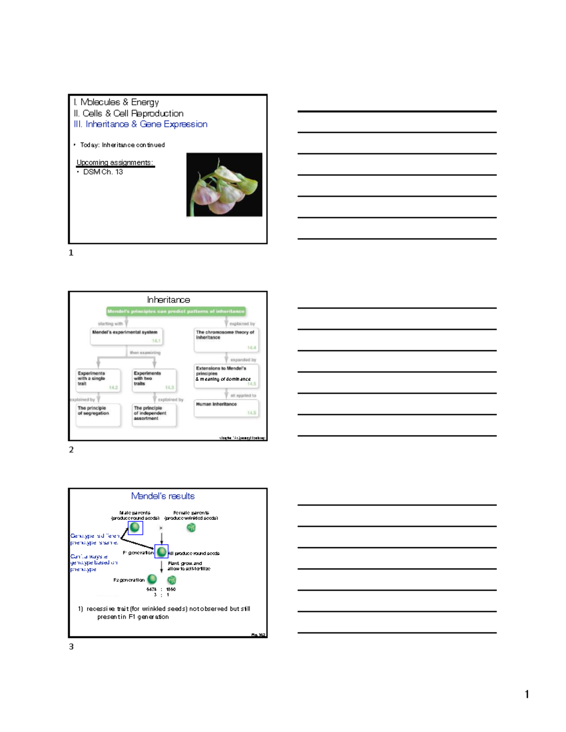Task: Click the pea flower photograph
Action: coord(224,184)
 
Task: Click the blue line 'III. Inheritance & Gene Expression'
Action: coord(141,124)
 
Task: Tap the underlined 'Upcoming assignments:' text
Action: coord(115,163)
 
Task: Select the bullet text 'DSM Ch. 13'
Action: coord(103,172)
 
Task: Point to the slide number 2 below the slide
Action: coord(71,450)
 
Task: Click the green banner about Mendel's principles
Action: coord(176,311)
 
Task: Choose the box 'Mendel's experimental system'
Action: coord(126,336)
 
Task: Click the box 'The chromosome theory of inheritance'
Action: coord(226,340)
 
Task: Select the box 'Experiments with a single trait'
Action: coord(98,380)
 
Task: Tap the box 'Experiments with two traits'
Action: coord(154,380)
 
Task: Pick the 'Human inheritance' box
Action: coord(226,408)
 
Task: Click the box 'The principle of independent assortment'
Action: coord(154,415)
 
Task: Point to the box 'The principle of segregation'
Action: coord(98,415)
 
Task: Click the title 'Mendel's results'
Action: coord(163,496)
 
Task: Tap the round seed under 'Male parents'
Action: coord(135,527)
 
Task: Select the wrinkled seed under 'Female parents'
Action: coord(191,527)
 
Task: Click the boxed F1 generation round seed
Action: coord(161,551)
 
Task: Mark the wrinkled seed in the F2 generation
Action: coord(172,580)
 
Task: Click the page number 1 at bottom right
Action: coord(527,694)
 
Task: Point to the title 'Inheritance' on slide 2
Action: coord(168,300)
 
